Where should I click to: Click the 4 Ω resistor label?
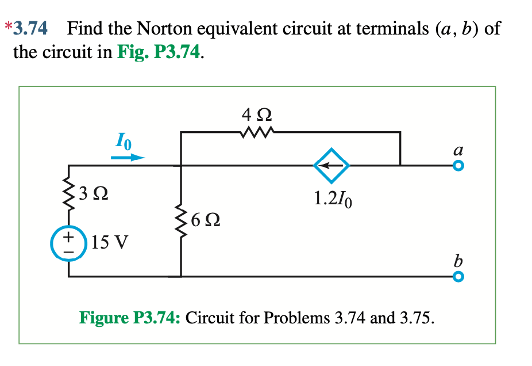(x=256, y=115)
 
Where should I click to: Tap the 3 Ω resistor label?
(x=93, y=194)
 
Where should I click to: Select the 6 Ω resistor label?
(x=206, y=220)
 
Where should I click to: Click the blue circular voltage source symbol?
(x=68, y=243)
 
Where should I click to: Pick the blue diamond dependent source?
(x=331, y=166)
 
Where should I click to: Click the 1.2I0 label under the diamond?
(x=333, y=199)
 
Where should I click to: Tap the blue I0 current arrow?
(x=128, y=157)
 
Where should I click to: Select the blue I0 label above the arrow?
(x=124, y=140)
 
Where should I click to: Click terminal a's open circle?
(x=458, y=166)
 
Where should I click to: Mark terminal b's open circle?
(x=458, y=277)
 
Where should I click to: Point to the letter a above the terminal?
(x=458, y=150)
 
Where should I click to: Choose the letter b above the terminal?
(x=458, y=261)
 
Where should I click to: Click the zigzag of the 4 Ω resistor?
(x=257, y=132)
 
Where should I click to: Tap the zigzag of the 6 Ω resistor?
(x=181, y=221)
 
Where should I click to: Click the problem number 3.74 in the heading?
(x=30, y=28)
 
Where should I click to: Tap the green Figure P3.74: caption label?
(x=130, y=318)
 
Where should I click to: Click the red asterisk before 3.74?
(x=9, y=26)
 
